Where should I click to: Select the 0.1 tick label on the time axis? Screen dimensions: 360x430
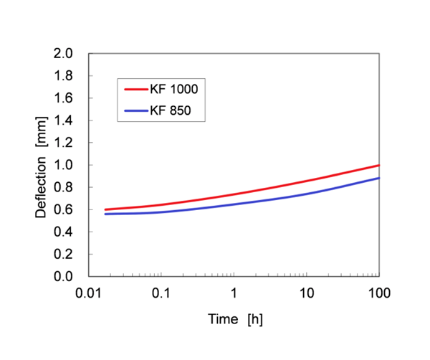[x=161, y=293]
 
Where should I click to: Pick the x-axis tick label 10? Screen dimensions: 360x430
[x=306, y=293]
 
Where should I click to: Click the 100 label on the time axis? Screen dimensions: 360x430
[x=378, y=293]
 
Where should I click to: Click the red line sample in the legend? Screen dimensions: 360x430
[x=135, y=90]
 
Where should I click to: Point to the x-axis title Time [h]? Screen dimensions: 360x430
[x=233, y=318]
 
